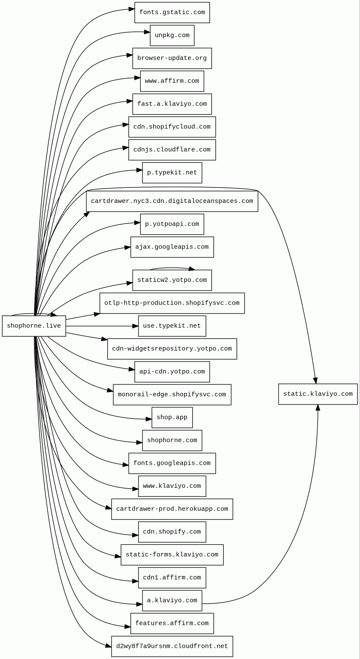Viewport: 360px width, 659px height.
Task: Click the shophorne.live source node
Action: tap(34, 326)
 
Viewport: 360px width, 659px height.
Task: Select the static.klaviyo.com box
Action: tap(318, 394)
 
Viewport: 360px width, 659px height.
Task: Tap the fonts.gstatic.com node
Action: tap(172, 12)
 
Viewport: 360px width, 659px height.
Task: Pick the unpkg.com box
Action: tap(172, 35)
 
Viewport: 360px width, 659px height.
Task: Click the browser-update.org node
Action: tap(172, 58)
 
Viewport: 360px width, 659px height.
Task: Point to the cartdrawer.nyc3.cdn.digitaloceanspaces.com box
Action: tap(172, 201)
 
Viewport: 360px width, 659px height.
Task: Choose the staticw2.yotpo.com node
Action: tap(172, 280)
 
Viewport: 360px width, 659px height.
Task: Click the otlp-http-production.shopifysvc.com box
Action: tap(172, 303)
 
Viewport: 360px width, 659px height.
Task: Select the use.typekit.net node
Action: tap(172, 326)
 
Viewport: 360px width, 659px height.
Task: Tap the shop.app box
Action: tap(172, 417)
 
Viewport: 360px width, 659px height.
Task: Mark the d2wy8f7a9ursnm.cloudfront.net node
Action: tap(172, 647)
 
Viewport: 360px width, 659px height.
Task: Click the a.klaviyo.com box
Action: tap(172, 601)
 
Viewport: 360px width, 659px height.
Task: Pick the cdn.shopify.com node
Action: tap(172, 532)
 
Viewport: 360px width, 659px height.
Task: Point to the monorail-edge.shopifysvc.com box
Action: tap(172, 395)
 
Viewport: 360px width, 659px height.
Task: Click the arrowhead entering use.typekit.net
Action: tap(135, 326)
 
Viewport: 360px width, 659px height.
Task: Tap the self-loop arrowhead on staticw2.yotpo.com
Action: tap(191, 269)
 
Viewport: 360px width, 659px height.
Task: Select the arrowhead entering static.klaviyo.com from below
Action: tap(318, 408)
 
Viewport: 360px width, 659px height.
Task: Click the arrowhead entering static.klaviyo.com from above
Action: tap(315, 381)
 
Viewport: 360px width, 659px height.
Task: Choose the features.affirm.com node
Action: tap(172, 623)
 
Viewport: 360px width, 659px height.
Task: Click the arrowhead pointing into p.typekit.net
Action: tap(139, 170)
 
